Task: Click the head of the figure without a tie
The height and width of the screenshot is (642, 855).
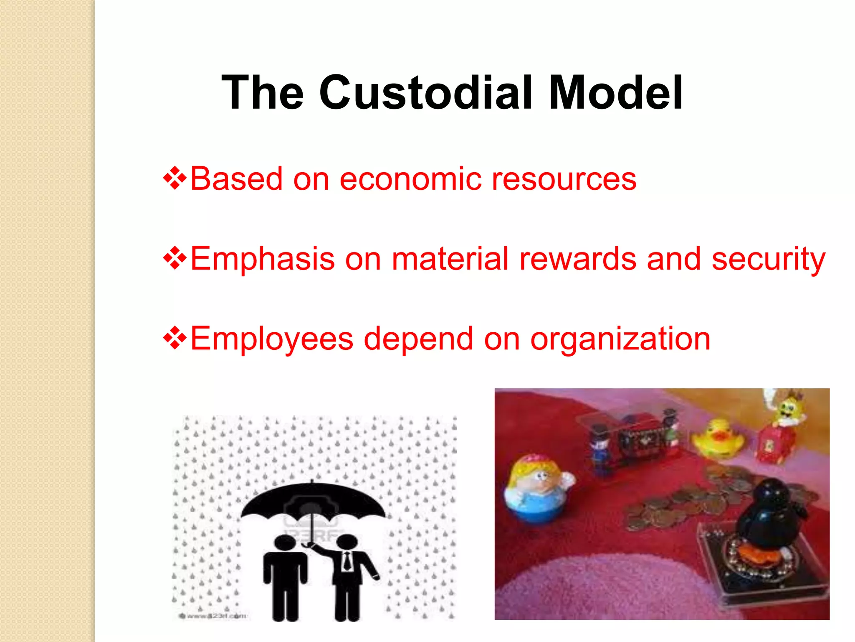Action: click(x=285, y=542)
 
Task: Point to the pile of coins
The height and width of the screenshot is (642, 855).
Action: click(x=685, y=502)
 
